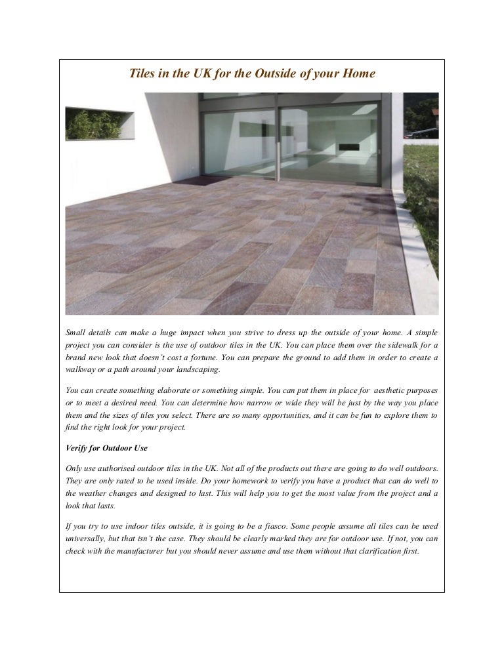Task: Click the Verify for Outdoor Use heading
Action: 106,448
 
